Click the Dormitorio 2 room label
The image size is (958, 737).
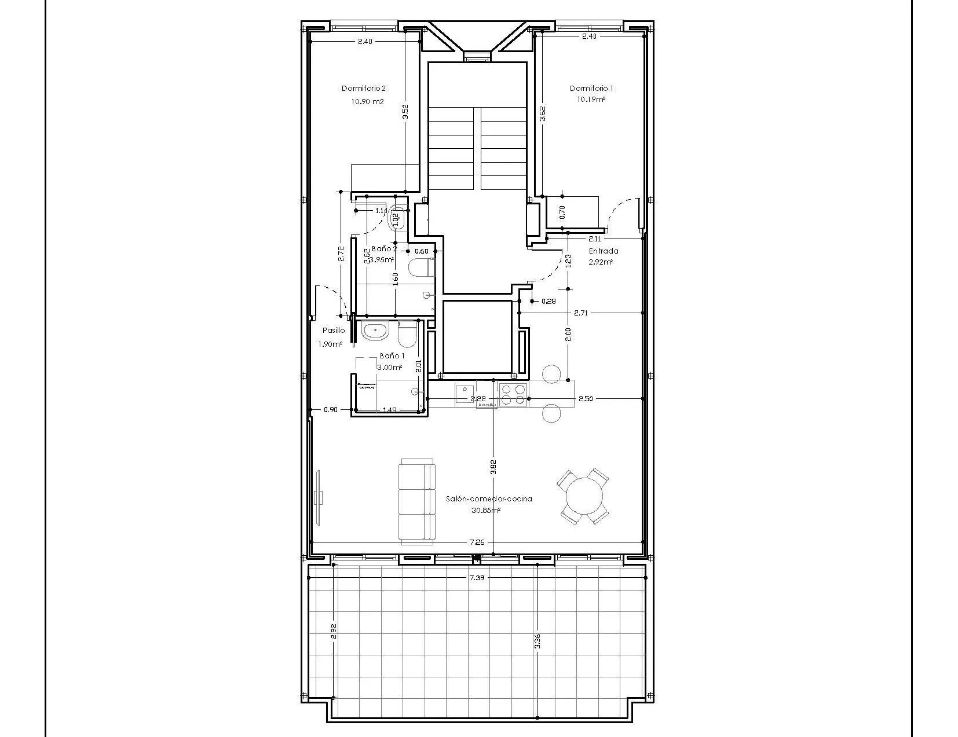(x=363, y=89)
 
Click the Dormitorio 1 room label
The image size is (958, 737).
(x=591, y=89)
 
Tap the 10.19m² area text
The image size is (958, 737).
(x=591, y=100)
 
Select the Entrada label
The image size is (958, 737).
(x=603, y=251)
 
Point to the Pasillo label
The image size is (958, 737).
(x=334, y=331)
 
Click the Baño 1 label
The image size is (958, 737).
(x=392, y=356)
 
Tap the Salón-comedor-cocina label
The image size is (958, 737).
(x=489, y=498)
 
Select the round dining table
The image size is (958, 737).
(x=583, y=496)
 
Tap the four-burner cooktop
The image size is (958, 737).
(x=513, y=394)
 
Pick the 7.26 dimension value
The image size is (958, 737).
(x=477, y=542)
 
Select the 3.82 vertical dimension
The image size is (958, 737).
(x=493, y=467)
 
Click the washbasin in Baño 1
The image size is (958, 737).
(x=375, y=332)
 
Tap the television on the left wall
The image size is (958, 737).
(x=318, y=497)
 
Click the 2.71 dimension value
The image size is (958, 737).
(x=580, y=313)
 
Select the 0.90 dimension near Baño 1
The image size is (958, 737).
(x=330, y=410)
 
